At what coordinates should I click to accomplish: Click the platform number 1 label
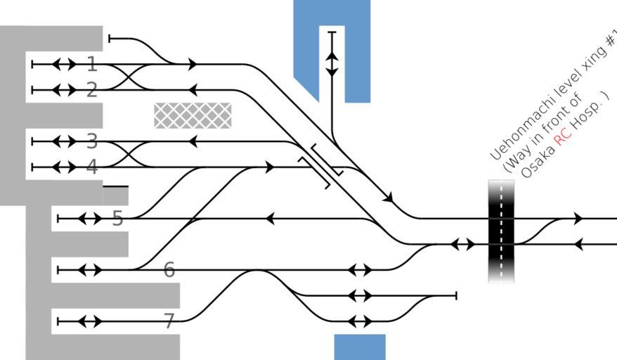tap(92, 64)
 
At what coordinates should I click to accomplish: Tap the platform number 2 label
tap(91, 90)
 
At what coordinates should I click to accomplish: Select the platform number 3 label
tap(92, 141)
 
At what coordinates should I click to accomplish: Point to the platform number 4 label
tap(92, 167)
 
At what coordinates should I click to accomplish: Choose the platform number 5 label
tap(117, 218)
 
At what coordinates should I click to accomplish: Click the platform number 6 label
tap(169, 270)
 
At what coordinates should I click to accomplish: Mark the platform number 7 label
tap(169, 321)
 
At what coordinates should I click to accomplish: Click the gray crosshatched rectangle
tap(193, 115)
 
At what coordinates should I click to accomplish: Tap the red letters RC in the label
tap(563, 138)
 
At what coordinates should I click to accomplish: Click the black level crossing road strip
tap(501, 231)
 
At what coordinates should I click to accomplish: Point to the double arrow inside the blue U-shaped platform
tap(332, 64)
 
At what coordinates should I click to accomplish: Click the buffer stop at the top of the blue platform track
tap(332, 32)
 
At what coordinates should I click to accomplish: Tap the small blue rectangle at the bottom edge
tap(360, 347)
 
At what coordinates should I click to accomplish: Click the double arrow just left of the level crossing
tap(462, 244)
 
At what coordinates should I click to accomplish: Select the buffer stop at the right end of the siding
tap(456, 295)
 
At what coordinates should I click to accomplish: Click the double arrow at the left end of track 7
tap(90, 321)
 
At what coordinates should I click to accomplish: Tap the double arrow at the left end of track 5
tap(90, 218)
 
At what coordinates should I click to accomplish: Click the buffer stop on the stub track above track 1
tap(110, 39)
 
